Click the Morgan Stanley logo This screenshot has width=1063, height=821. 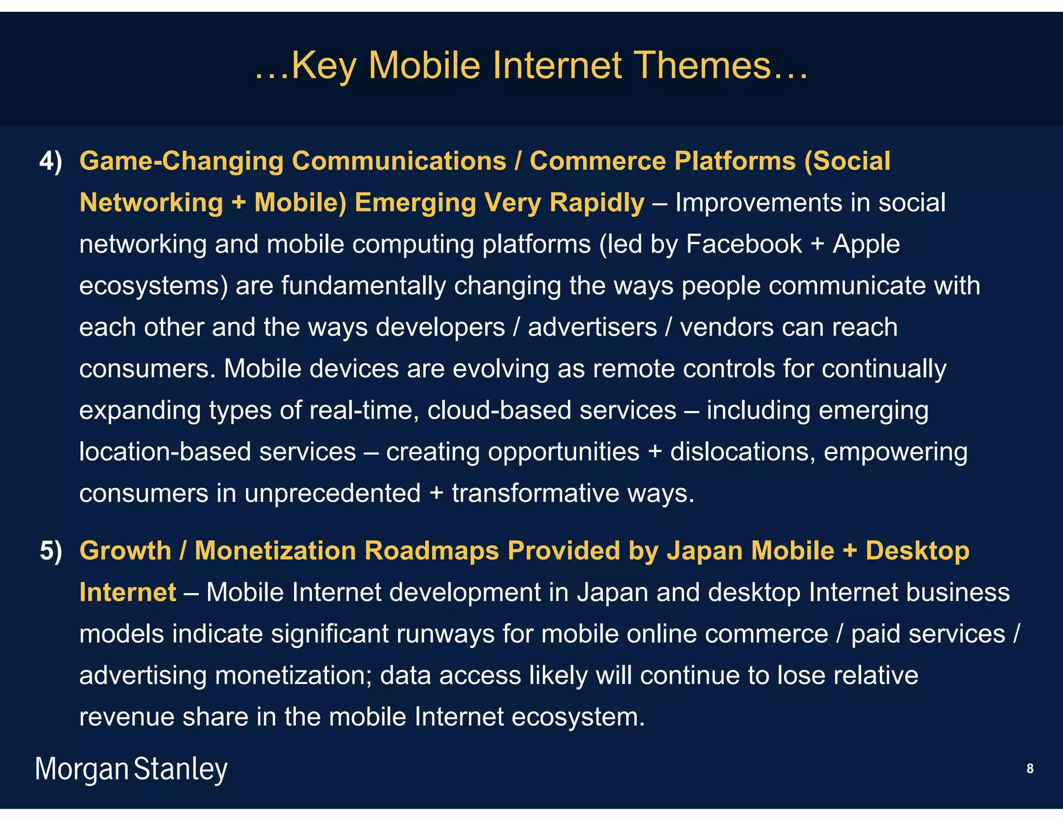pos(131,769)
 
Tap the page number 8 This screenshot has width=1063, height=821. pos(1030,769)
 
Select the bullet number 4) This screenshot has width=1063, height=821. pos(51,161)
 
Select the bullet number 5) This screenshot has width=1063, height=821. pos(51,551)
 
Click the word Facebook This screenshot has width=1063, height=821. pos(743,244)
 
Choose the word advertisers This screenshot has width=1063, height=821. pos(592,327)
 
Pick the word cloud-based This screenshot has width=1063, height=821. pos(499,410)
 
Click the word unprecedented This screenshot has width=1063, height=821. pos(332,493)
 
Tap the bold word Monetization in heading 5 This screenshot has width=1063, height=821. pos(275,551)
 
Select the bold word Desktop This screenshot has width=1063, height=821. pos(917,551)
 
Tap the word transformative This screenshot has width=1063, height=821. pos(535,493)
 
